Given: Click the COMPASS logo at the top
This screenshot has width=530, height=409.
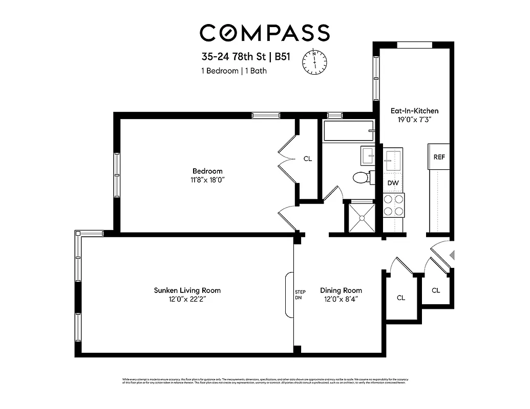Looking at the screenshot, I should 264,32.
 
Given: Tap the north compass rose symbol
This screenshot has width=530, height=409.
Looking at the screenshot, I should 315,61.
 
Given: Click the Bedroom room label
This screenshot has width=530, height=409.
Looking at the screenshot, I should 207,171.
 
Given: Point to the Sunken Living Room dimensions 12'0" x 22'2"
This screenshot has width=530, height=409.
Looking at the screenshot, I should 187,300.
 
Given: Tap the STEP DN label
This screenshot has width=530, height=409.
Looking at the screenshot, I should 300,294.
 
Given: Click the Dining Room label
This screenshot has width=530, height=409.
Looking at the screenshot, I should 341,290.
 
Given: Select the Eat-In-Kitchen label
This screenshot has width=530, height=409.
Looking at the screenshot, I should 414,110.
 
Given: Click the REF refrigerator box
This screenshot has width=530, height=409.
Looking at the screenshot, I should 439,157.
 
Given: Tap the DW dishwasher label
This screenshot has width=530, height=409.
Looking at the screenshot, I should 393,183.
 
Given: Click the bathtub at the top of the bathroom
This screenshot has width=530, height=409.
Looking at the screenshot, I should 348,131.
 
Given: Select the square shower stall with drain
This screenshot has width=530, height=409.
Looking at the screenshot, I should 362,217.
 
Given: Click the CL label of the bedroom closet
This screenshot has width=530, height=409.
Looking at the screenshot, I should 308,159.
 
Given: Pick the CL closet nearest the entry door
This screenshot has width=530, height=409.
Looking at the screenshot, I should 436,290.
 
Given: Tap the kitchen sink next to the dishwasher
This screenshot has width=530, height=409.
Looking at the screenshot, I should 393,160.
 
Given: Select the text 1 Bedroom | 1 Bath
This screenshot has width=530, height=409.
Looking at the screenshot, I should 234,71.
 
